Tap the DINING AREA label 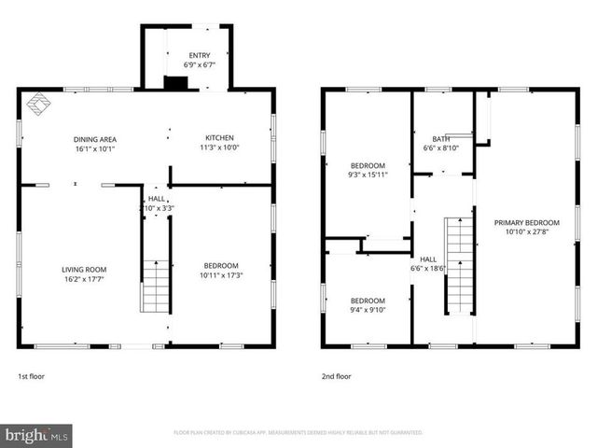[x=95, y=139]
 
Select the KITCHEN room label [x=220, y=137]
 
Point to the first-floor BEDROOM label [x=220, y=265]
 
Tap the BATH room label [x=441, y=138]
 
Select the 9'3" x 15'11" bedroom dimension [x=367, y=175]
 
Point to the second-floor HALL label [x=428, y=259]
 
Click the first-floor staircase [x=155, y=287]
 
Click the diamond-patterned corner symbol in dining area [x=36, y=105]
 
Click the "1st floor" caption [x=31, y=376]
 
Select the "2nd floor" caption [x=336, y=376]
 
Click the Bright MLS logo [x=36, y=435]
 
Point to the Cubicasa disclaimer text [x=298, y=433]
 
